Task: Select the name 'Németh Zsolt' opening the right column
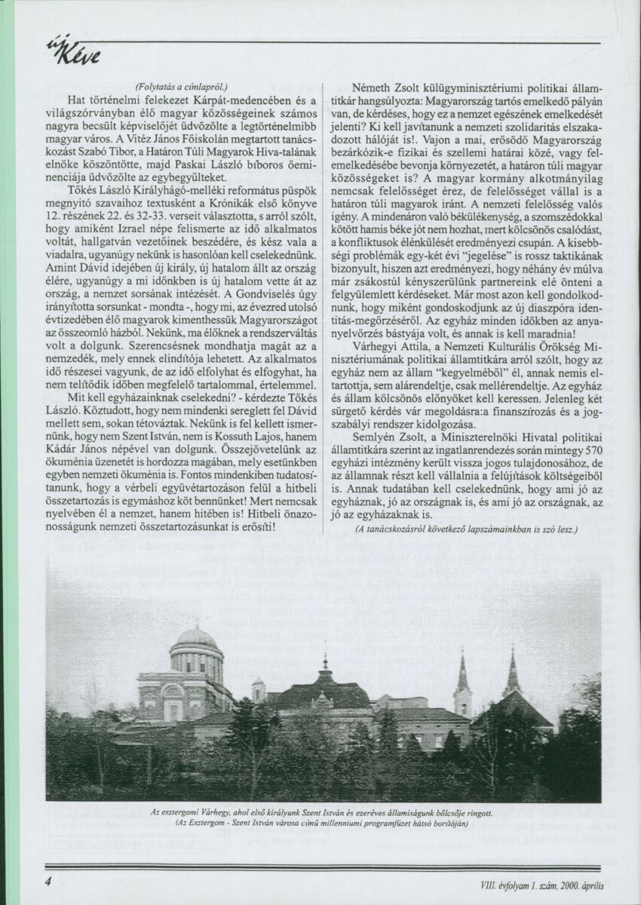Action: coord(387,85)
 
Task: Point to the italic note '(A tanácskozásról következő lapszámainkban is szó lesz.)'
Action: coord(466,529)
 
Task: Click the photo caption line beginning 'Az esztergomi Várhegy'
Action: coord(321,813)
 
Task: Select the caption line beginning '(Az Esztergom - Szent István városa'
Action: coord(321,824)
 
